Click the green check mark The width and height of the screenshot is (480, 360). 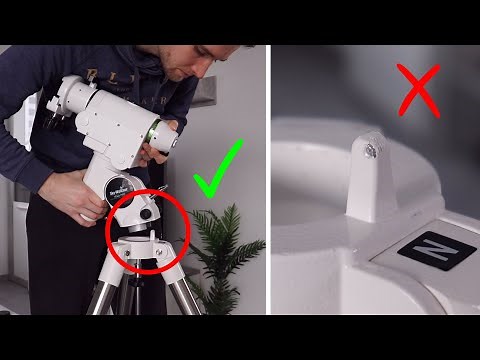pyautogui.click(x=219, y=171)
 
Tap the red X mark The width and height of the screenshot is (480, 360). pyautogui.click(x=418, y=91)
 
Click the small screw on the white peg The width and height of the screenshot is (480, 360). pyautogui.click(x=372, y=151)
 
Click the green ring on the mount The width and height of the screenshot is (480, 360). pyautogui.click(x=155, y=132)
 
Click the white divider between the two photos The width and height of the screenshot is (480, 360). pyautogui.click(x=268, y=180)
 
